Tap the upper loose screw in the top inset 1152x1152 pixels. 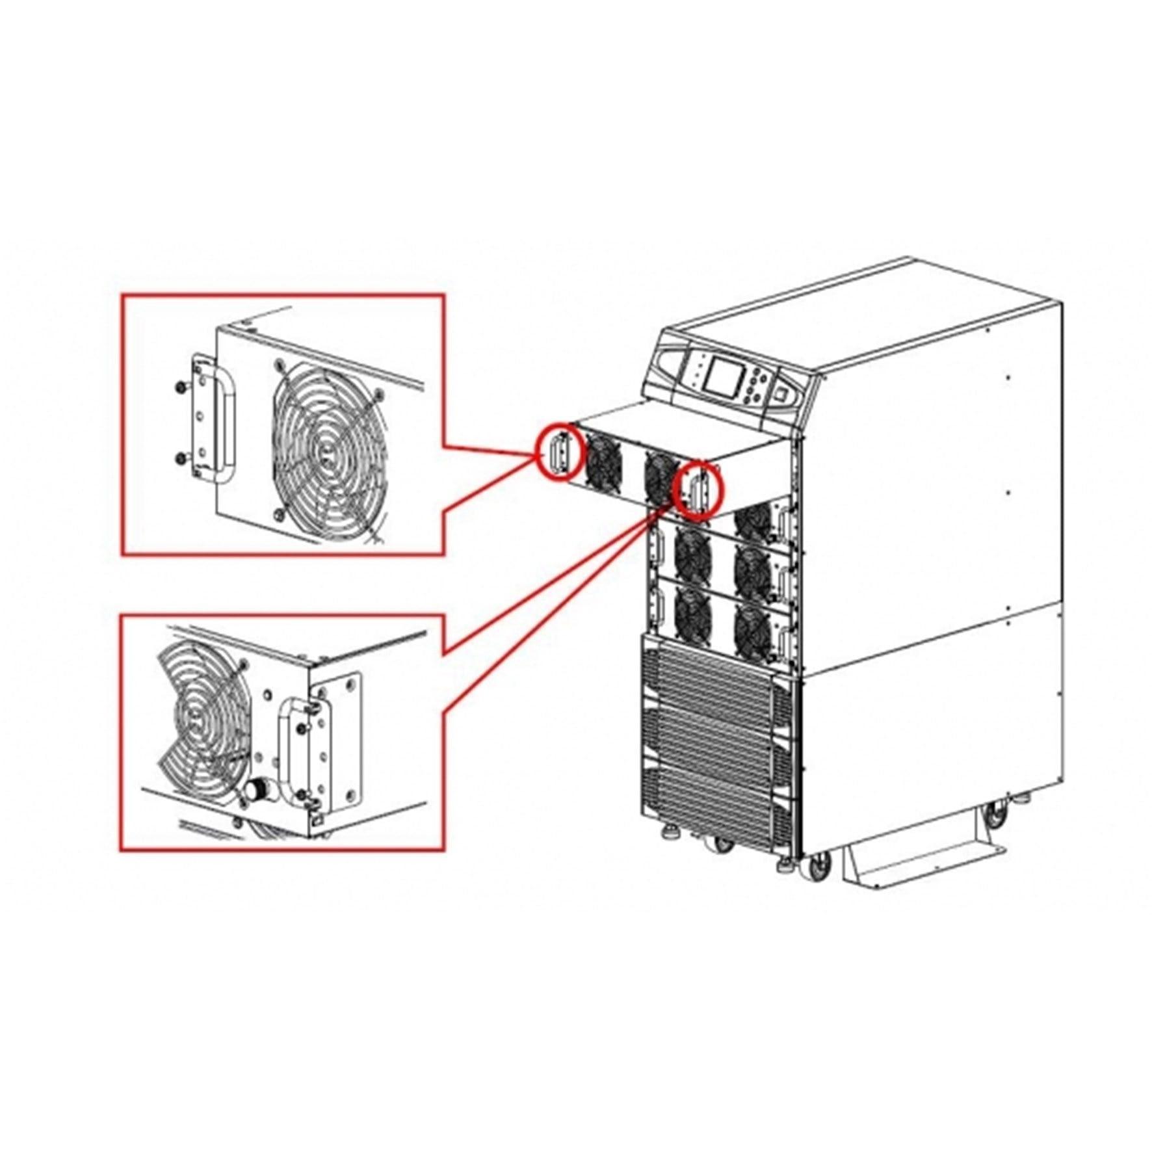[179, 387]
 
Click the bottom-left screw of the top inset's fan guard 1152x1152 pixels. [278, 514]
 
